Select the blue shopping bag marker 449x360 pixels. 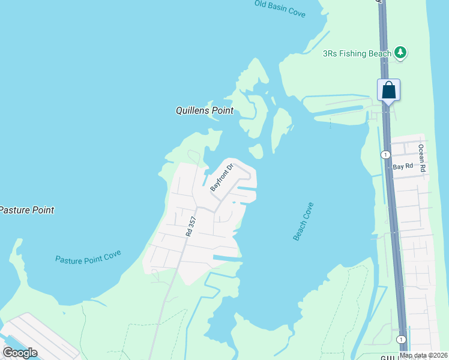point(388,91)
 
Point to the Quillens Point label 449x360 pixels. point(204,111)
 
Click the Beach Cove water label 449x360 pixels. point(303,221)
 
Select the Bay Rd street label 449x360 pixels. point(403,167)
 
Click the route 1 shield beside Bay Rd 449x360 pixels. point(384,155)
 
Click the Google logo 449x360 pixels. point(20,353)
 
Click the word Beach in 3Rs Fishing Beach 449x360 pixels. point(379,53)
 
